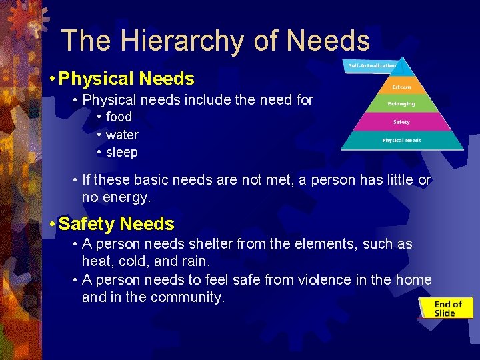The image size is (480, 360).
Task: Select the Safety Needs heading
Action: [x=116, y=224]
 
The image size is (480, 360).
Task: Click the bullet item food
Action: [x=119, y=117]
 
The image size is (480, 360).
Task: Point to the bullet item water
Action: [x=122, y=135]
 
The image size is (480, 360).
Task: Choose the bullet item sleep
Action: [x=121, y=152]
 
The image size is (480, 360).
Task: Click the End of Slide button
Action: [x=445, y=309]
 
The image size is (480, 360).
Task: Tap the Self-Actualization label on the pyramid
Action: [x=372, y=65]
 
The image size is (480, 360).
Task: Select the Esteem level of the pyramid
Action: [x=401, y=87]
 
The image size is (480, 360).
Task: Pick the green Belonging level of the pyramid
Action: [x=401, y=104]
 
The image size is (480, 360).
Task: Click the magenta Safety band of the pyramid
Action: [x=401, y=122]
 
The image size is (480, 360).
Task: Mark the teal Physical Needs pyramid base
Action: [x=401, y=141]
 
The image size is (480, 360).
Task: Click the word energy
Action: [x=129, y=197]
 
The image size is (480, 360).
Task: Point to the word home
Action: [x=413, y=280]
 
